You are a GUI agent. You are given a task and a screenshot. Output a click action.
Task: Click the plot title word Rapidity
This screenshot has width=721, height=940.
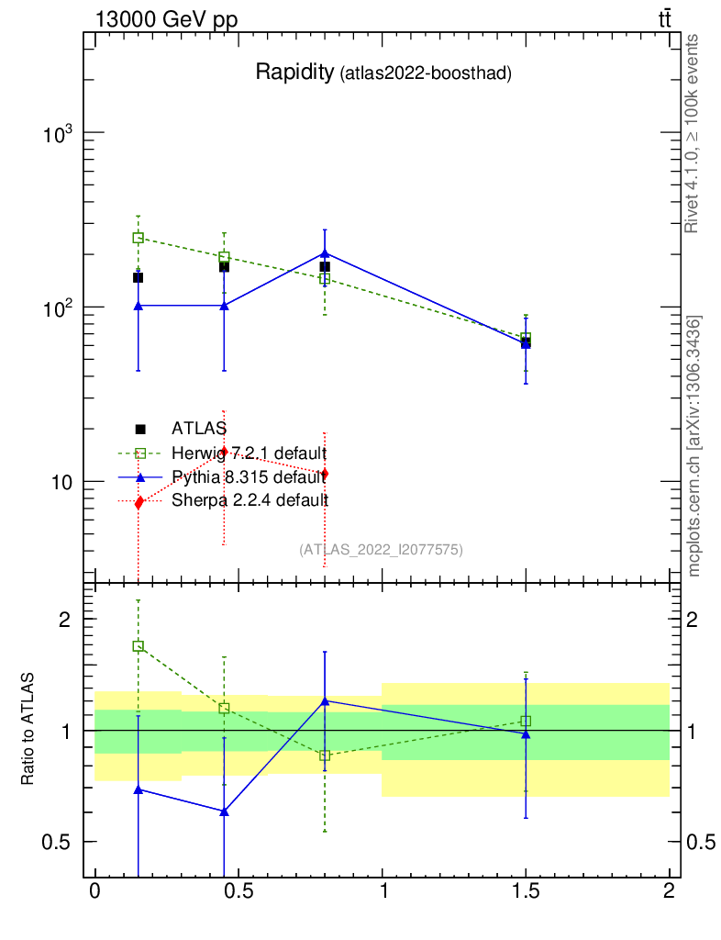[x=294, y=73]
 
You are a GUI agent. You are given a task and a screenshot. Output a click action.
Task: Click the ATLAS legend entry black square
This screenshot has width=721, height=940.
[x=140, y=429]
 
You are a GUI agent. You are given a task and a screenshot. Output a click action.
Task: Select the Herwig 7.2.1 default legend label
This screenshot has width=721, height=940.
[x=249, y=453]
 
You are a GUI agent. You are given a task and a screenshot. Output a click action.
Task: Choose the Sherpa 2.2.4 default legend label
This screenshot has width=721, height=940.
[x=250, y=500]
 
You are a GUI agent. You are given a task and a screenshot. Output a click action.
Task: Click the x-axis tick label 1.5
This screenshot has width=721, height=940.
[x=526, y=892]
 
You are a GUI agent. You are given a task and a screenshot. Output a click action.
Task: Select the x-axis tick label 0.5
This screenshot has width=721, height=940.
[x=238, y=892]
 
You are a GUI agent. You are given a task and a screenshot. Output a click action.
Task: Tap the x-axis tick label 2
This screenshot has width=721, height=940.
[x=669, y=892]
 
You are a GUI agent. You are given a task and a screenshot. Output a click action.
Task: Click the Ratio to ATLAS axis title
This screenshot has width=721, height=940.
[x=28, y=729]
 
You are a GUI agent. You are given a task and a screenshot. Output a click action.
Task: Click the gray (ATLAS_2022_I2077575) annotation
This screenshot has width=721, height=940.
[x=381, y=550]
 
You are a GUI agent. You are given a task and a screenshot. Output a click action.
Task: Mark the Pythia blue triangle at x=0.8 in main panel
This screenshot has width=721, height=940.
[x=325, y=252]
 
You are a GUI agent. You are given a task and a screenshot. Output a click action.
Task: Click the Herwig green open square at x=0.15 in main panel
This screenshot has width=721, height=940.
[x=138, y=238]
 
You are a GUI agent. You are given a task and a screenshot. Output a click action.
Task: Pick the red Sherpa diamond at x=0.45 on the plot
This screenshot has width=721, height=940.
[x=224, y=452]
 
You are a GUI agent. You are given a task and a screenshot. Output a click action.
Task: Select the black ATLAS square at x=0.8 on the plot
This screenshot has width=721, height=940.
[x=325, y=267]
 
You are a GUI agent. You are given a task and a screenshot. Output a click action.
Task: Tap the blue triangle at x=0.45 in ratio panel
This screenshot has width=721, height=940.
[x=224, y=811]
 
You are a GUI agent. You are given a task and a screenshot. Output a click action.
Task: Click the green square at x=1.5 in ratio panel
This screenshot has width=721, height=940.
[x=526, y=721]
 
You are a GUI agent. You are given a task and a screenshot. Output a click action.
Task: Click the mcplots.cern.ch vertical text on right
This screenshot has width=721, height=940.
[x=694, y=445]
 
